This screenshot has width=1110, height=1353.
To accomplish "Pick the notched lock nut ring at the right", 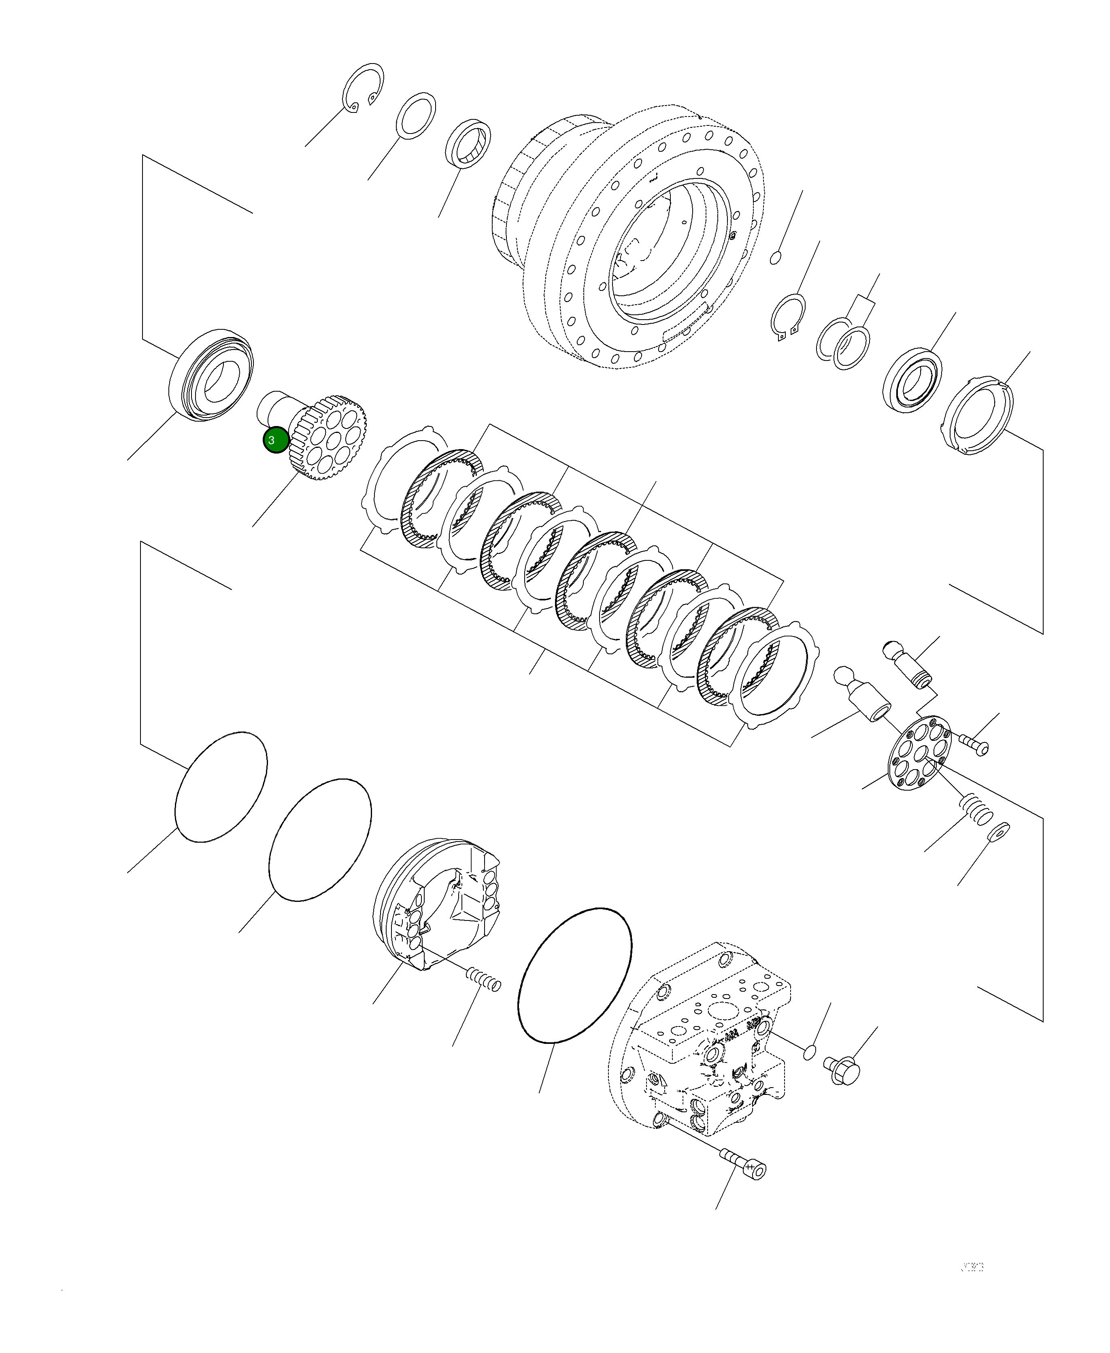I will coord(978,416).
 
